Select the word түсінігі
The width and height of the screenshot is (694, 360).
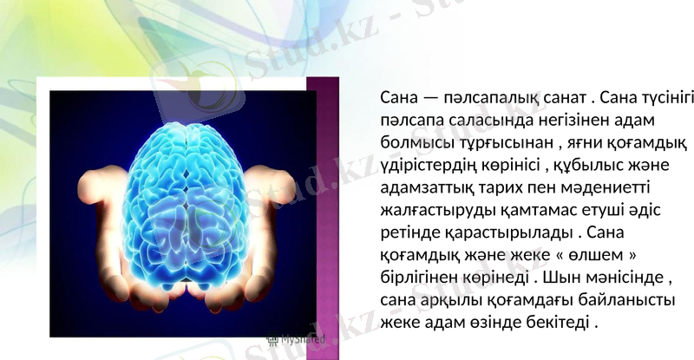click(x=654, y=95)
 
